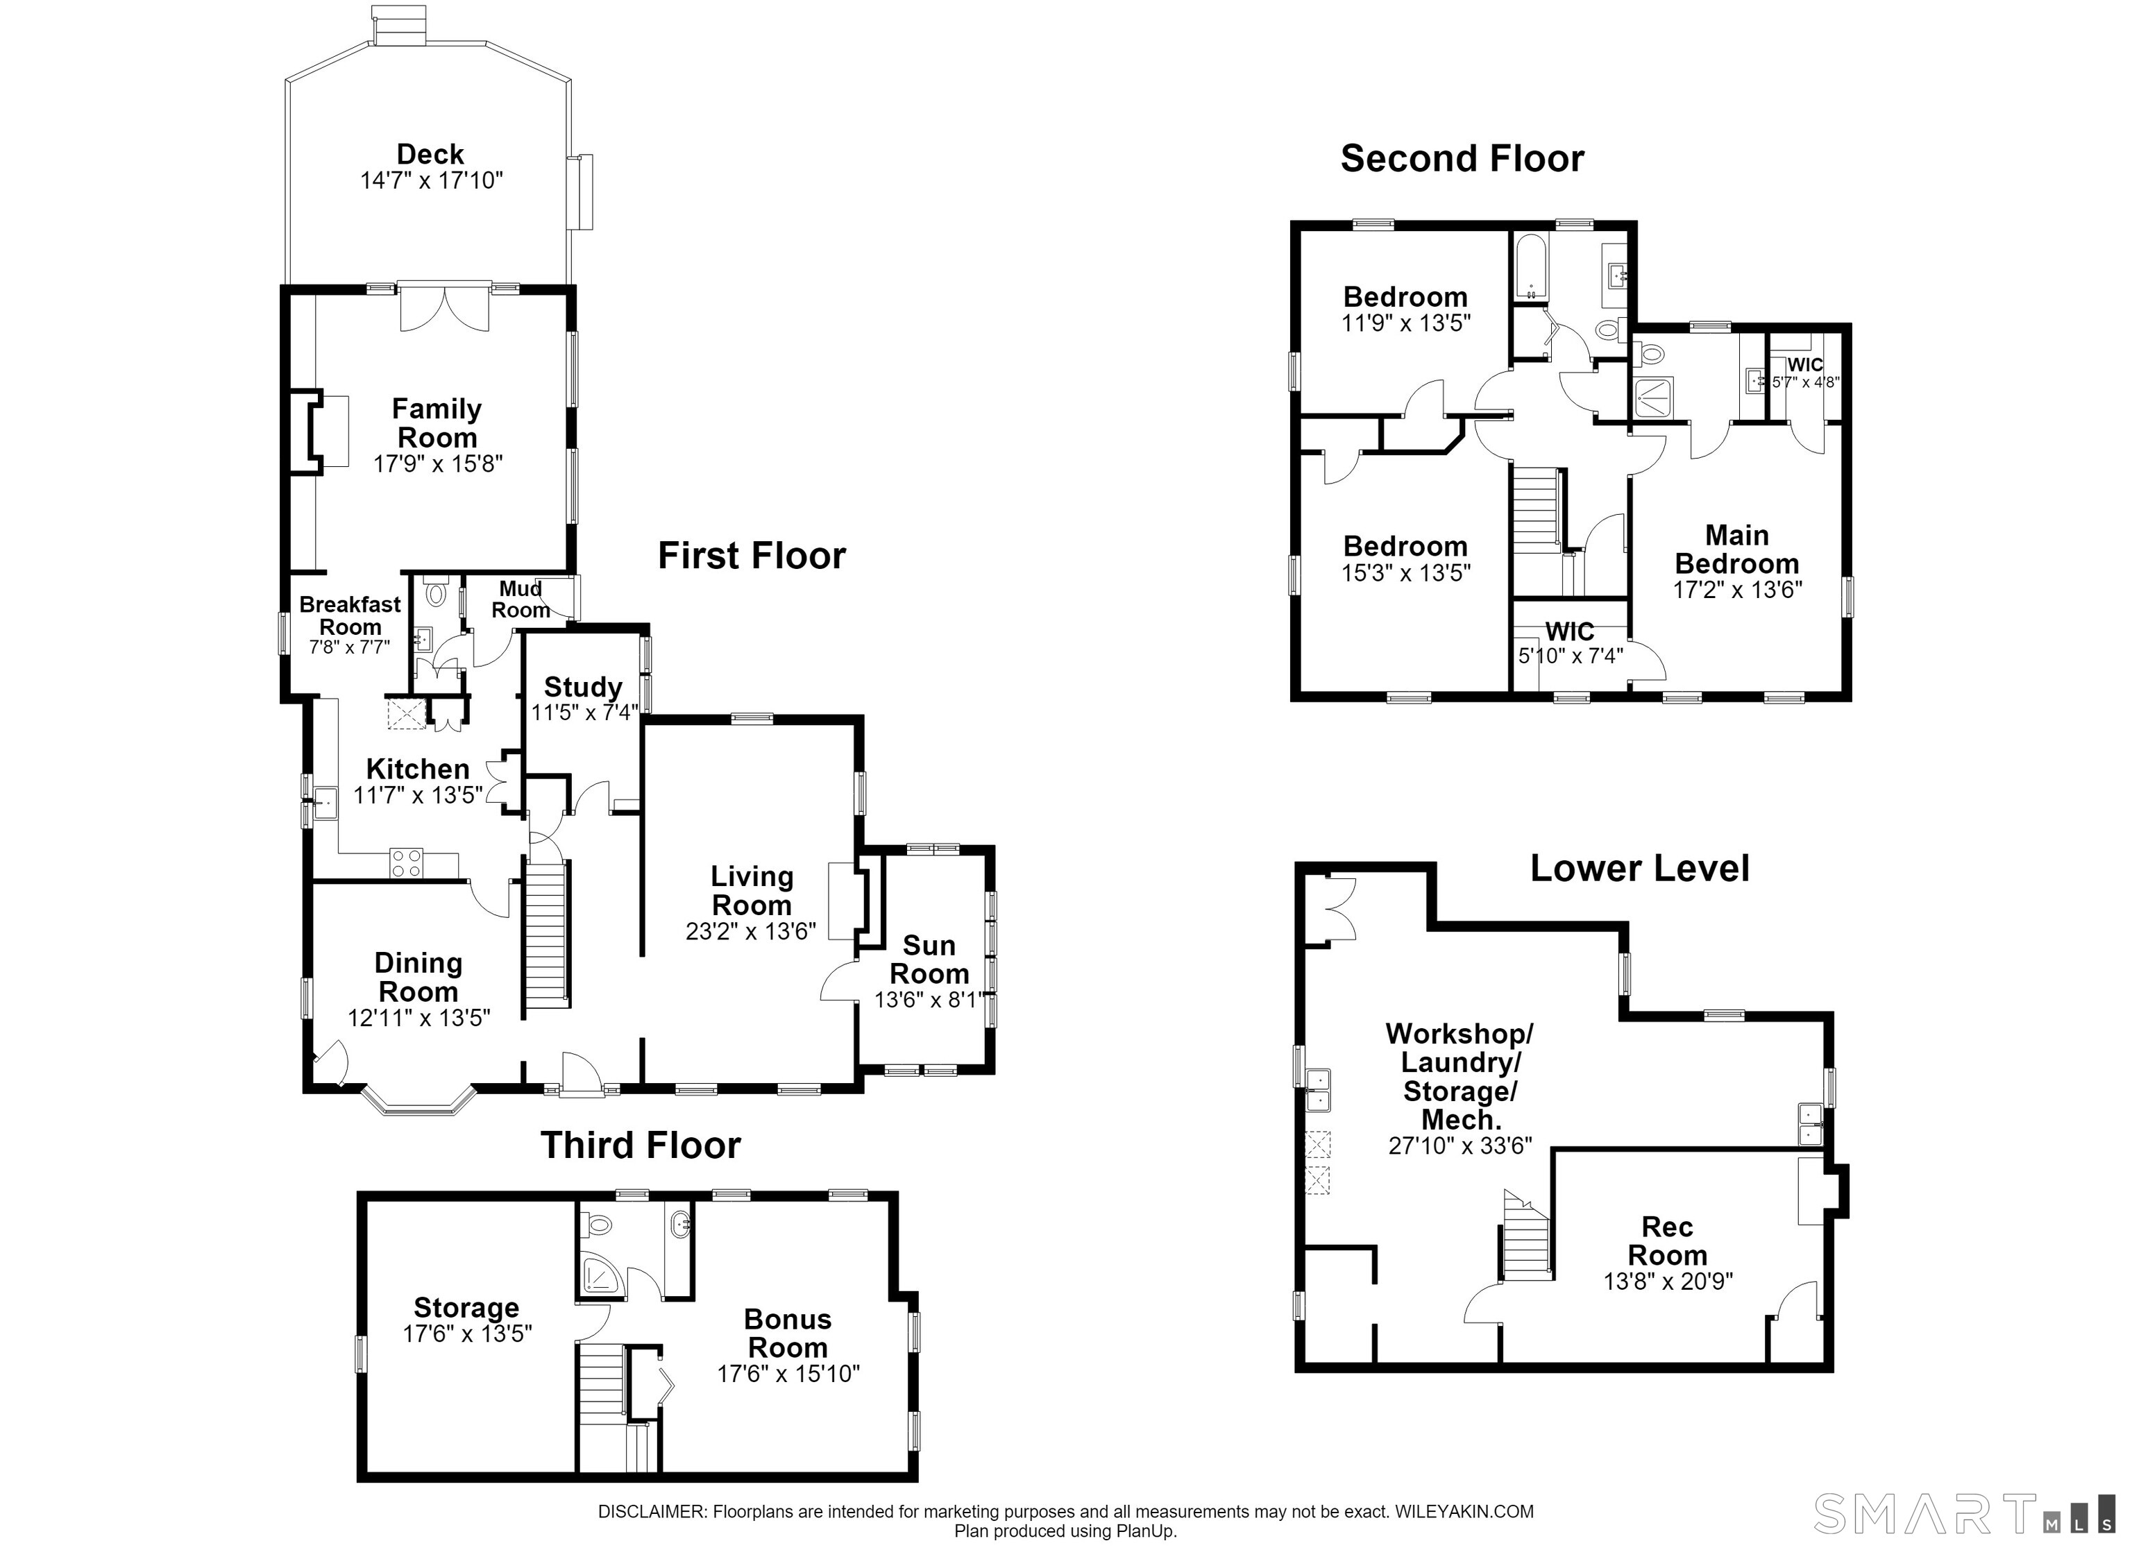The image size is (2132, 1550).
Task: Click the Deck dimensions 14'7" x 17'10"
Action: click(x=432, y=180)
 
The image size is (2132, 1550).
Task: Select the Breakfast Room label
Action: click(x=350, y=615)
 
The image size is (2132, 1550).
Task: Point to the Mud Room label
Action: click(x=521, y=599)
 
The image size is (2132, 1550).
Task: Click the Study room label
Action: click(x=583, y=687)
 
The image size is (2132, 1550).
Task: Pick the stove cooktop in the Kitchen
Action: click(x=406, y=863)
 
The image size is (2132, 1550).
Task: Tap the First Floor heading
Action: click(x=752, y=556)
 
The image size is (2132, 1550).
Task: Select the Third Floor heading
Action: click(x=641, y=1145)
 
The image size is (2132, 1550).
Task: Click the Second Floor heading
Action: click(x=1463, y=158)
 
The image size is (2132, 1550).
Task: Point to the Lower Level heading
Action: click(x=1641, y=867)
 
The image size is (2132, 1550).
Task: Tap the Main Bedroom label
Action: click(x=1737, y=550)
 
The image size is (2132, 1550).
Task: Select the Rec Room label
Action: click(x=1668, y=1241)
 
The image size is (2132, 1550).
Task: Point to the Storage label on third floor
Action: click(x=466, y=1307)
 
